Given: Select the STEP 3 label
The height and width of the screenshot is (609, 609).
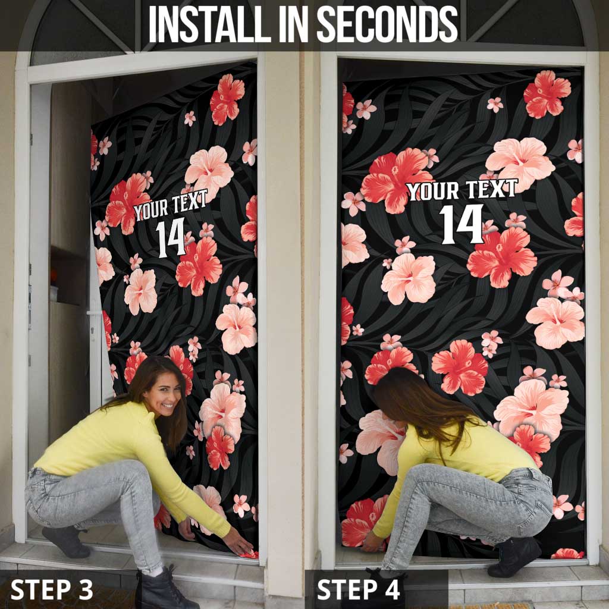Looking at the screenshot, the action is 52,589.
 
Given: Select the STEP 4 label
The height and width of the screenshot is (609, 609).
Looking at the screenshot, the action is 359,589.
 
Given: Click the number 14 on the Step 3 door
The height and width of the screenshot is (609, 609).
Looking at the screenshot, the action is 171,238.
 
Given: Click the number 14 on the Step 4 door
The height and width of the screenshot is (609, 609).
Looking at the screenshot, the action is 462,224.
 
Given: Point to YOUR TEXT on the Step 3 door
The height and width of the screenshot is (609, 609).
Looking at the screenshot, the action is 171,205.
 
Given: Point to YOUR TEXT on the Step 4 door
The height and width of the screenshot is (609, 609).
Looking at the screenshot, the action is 462,190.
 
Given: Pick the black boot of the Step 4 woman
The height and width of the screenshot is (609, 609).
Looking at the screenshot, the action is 514,557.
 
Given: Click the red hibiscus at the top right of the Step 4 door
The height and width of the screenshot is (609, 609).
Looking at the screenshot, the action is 547,95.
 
